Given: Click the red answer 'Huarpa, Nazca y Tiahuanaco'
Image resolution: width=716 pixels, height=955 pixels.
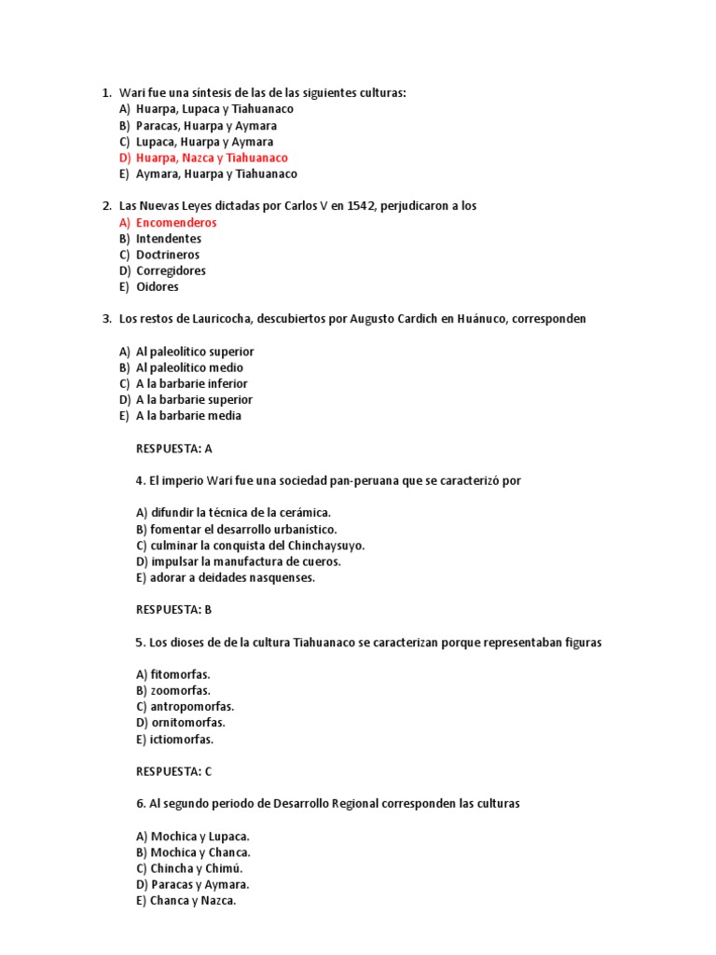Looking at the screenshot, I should point(212,158).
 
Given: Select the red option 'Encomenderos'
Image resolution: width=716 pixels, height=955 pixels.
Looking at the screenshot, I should point(176,223).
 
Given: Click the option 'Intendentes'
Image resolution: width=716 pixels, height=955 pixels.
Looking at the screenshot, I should point(169,239).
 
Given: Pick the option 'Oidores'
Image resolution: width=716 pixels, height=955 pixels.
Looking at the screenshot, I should point(158,286).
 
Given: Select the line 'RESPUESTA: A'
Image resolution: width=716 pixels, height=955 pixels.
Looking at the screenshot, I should point(174,449).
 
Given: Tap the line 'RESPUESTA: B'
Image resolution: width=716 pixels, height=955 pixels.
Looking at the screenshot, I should point(174,610).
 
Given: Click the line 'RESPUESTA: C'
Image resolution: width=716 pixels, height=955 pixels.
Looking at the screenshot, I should point(174,771).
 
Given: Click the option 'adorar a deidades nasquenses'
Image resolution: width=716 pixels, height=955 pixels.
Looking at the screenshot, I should point(226,577).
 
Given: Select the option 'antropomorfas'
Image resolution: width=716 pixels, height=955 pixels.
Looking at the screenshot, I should point(185,706).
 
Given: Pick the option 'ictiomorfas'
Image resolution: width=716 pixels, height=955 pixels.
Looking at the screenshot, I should point(174,739).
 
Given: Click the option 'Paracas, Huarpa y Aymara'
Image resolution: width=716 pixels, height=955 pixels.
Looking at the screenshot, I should point(206,125).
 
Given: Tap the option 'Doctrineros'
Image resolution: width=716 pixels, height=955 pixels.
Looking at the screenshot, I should point(168,255).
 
